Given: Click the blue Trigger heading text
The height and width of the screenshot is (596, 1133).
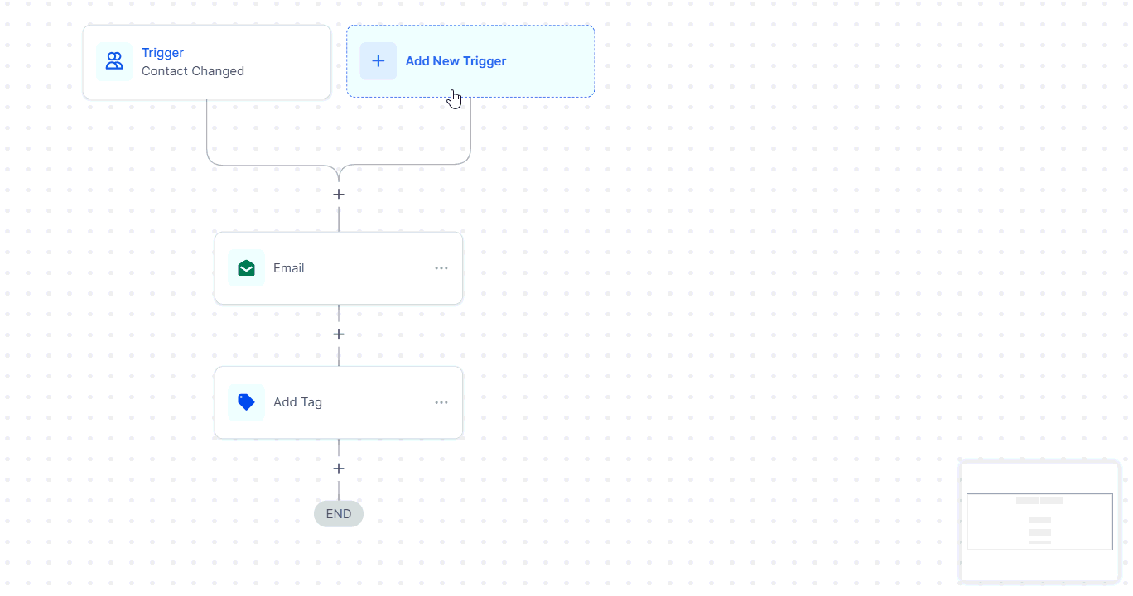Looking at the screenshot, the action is click(x=162, y=53).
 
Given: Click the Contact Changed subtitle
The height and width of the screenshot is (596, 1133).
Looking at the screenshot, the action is click(x=193, y=71).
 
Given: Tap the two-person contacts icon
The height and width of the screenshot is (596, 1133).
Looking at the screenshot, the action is click(x=114, y=61).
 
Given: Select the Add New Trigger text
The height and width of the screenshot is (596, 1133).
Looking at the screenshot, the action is click(x=456, y=61).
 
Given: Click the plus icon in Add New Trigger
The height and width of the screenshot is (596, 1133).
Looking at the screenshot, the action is click(x=378, y=61).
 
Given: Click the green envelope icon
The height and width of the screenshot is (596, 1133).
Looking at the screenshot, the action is click(x=246, y=268).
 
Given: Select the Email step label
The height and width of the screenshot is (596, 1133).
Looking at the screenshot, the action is click(x=289, y=268).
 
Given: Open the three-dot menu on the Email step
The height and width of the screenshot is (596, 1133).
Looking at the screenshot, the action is click(x=441, y=268).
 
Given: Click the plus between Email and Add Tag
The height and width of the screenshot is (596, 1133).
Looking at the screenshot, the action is click(x=339, y=334).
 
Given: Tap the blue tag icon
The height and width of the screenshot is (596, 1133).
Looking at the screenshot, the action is click(x=246, y=402).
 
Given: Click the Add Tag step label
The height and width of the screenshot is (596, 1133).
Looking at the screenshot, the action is click(x=298, y=402).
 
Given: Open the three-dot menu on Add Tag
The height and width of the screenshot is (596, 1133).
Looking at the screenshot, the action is click(x=441, y=402).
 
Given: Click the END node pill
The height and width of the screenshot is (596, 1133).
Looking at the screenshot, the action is click(x=339, y=514).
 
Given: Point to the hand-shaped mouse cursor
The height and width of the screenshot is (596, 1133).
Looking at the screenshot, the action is click(x=455, y=99).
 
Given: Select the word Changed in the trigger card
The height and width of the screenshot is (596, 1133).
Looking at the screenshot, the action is click(x=220, y=71).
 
